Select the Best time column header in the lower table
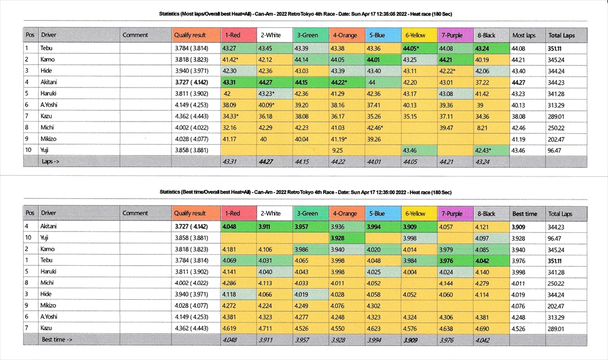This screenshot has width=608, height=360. [524, 214]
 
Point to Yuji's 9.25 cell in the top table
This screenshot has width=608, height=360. [339, 150]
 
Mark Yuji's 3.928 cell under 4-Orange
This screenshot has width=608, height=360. [339, 238]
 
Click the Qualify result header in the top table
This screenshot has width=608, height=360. [190, 35]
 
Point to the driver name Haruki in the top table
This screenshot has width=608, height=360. [49, 93]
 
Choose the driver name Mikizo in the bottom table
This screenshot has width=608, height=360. [50, 306]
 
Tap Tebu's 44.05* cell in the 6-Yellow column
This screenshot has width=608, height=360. [415, 47]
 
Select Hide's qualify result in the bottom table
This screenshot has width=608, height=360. [190, 294]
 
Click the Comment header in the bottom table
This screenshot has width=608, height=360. [135, 213]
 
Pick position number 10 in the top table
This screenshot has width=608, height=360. [28, 150]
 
